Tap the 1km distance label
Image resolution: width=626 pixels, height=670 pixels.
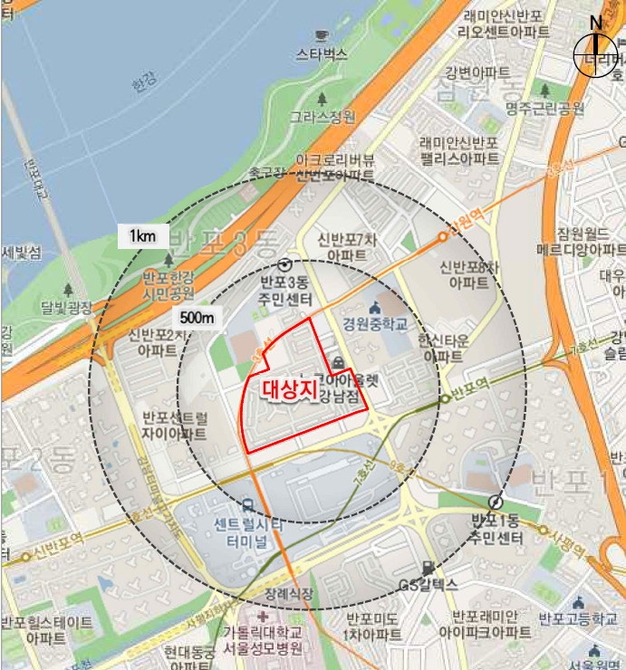(x=143, y=236)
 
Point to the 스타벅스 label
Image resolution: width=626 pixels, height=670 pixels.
(x=322, y=54)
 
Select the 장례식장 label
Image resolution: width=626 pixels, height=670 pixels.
(x=289, y=594)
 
